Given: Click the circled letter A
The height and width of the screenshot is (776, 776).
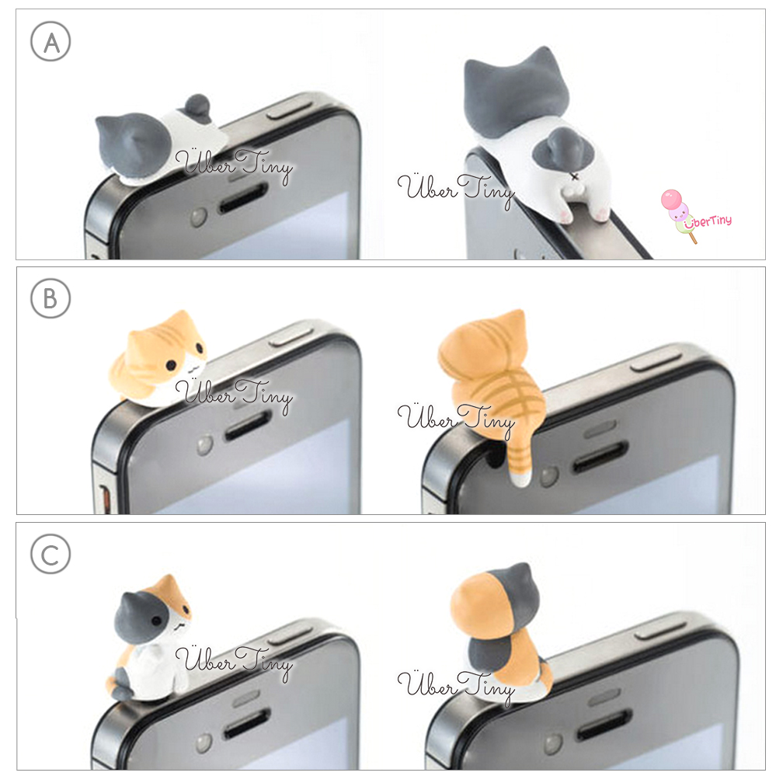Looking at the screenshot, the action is [50, 41].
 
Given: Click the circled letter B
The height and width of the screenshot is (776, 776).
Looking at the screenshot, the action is [50, 298].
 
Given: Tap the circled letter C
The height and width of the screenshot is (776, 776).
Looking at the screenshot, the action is [50, 554].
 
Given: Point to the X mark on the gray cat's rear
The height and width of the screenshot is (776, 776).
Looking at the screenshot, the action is [574, 176].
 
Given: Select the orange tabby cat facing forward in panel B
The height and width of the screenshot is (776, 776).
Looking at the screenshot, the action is [158, 359].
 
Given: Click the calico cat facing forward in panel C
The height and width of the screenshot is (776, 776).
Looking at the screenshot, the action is [151, 639].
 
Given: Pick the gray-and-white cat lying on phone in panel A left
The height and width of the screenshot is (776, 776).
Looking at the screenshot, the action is [158, 141].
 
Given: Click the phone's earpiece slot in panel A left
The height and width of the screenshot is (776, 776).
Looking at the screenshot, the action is [243, 198].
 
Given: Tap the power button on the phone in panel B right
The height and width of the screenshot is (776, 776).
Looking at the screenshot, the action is [656, 362].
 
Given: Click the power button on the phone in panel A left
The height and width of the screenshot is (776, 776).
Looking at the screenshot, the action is [290, 110].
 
